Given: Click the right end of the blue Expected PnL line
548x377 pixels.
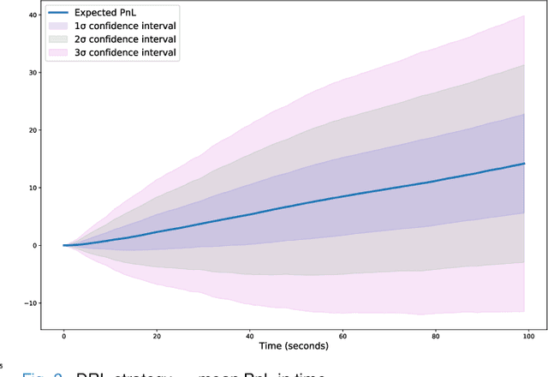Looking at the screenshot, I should tap(524, 164).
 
